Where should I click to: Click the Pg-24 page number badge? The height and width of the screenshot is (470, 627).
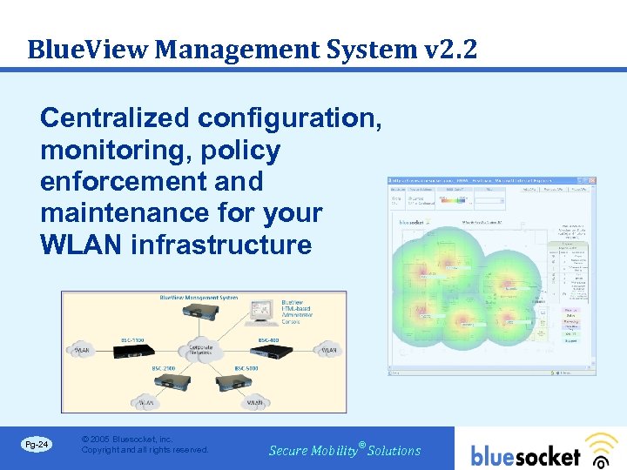coord(37,445)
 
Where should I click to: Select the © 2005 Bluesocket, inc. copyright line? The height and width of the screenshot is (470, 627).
coord(126,439)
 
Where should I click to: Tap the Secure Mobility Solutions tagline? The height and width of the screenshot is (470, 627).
coord(345,450)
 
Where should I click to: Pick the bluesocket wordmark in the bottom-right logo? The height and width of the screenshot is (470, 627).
coord(525,455)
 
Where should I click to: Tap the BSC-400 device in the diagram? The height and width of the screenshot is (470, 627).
coord(269,351)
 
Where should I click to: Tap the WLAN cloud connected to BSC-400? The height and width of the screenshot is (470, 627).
coord(328,351)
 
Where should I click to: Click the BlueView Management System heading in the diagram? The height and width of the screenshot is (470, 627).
coord(199,298)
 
